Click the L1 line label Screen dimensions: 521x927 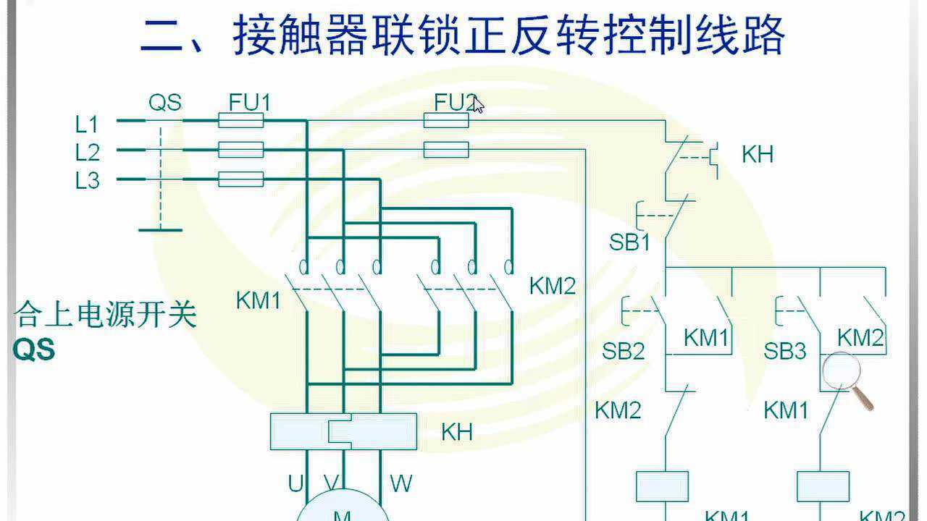tap(87, 124)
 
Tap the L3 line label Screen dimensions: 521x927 tap(87, 180)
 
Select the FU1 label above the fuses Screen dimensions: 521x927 tap(249, 103)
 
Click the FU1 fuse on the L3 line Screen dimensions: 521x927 tap(240, 179)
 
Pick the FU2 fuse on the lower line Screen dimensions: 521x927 tap(445, 150)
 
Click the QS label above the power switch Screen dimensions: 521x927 tap(165, 103)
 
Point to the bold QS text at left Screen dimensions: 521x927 tap(34, 351)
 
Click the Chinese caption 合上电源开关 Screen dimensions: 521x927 tap(105, 315)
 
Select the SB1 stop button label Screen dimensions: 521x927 tap(629, 242)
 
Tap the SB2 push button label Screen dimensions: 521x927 tap(623, 352)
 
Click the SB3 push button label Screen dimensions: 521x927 tap(784, 352)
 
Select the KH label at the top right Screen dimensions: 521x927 tap(757, 154)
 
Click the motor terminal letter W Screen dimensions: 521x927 tap(400, 483)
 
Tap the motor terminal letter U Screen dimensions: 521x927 tap(295, 483)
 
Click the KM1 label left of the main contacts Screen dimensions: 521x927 tap(258, 300)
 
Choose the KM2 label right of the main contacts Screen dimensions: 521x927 tap(553, 286)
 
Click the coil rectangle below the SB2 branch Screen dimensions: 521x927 tap(662, 486)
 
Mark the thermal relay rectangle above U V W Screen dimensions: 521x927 tap(343, 431)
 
